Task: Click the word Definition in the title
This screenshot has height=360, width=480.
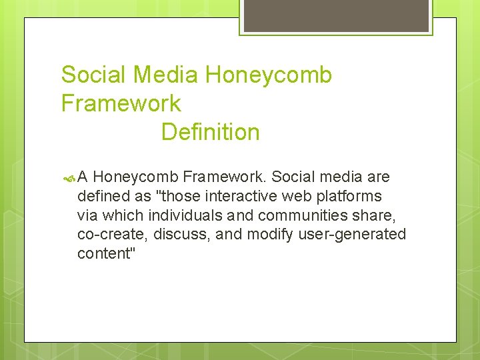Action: (210, 132)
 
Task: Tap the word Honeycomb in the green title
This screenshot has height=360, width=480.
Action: (268, 75)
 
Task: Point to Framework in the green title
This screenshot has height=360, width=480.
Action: (121, 103)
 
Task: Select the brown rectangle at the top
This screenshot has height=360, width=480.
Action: (336, 15)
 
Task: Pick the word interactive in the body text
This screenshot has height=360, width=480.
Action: (235, 196)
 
